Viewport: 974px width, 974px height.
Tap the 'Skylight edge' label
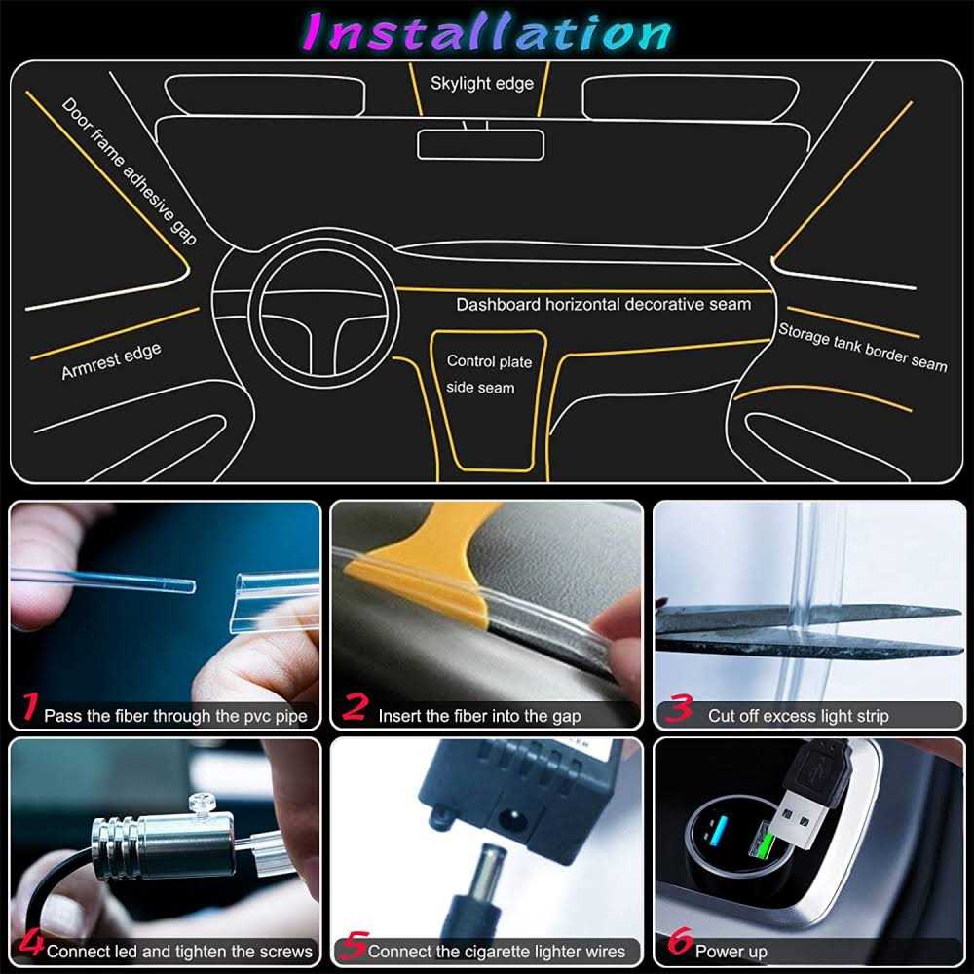[482, 84]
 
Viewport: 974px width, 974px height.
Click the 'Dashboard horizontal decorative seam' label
[604, 305]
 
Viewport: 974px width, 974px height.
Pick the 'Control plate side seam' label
[488, 374]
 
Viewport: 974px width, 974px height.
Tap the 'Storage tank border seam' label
[862, 346]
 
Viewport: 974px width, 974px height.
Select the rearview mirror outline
[480, 144]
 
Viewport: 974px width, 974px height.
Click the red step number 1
[30, 707]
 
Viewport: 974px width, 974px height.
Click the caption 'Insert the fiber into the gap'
[479, 716]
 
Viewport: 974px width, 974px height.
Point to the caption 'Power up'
[730, 951]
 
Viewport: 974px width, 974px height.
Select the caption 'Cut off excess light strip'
[798, 716]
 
